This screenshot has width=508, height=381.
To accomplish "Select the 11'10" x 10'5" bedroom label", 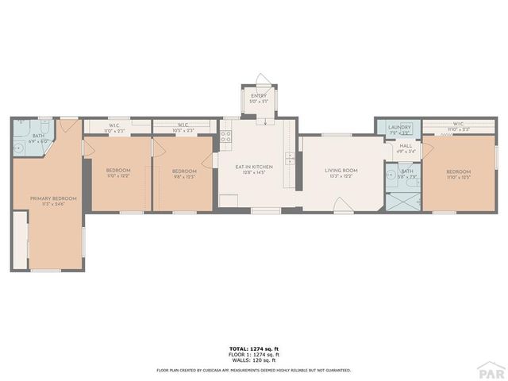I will (458, 175).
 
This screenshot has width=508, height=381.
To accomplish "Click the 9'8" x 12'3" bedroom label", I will (184, 173).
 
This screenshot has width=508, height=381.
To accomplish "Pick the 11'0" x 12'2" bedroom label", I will (118, 173).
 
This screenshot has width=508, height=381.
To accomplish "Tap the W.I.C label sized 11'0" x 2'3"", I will (115, 126).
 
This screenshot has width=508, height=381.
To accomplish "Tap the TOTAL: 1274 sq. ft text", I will (254, 349).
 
